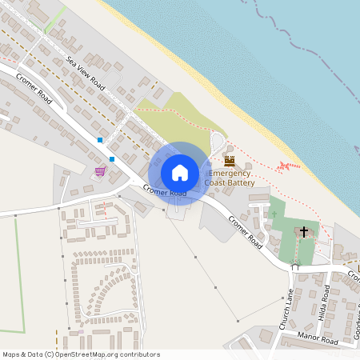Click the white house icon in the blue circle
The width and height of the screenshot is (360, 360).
coord(180,172)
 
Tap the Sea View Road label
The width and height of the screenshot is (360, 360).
coord(86,71)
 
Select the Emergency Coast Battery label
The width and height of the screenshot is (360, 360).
coord(230,178)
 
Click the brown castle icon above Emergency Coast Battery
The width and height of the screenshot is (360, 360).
coord(230,161)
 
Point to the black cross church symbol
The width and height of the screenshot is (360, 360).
coord(303,232)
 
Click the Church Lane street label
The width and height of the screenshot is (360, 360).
coord(287,305)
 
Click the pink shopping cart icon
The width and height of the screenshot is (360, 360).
coord(100,171)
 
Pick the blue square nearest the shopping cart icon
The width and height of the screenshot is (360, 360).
coord(112,158)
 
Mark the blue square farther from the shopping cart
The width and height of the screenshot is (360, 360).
coord(100,140)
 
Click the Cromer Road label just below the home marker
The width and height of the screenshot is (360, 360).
coord(165,190)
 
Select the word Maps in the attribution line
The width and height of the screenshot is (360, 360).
coord(10,354)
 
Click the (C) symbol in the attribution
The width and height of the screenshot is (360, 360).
coord(49,354)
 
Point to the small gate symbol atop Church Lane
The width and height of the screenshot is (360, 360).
coord(294,268)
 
